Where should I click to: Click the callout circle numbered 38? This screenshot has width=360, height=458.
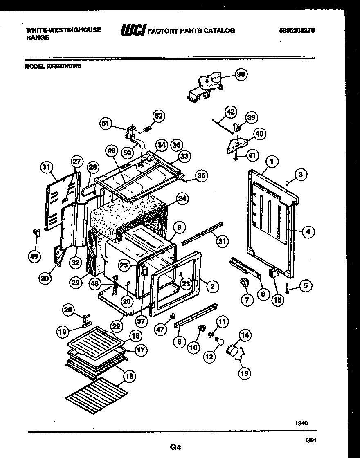click(x=241, y=74)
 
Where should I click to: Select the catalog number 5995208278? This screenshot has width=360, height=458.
click(x=297, y=31)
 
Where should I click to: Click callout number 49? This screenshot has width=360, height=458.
click(x=34, y=256)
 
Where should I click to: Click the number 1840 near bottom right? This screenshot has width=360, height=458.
click(x=301, y=424)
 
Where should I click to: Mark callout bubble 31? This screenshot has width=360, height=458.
click(x=47, y=167)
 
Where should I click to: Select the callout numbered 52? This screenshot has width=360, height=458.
click(x=159, y=116)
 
